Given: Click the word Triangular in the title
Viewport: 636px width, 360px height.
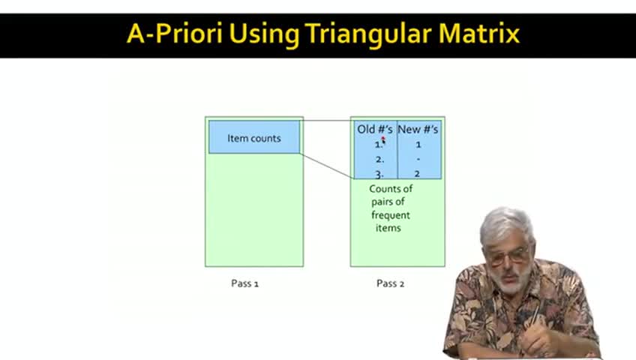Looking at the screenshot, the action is (368, 33).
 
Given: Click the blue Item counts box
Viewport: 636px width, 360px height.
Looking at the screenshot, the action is (254, 136).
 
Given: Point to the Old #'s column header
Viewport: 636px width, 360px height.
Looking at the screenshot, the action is (375, 129).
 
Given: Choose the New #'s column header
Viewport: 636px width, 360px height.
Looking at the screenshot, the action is (418, 129).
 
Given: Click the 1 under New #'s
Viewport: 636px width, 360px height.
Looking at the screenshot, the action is (418, 144).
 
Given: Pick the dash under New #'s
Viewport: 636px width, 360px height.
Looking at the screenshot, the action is (418, 159).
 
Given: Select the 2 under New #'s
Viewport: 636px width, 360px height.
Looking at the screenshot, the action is (417, 174).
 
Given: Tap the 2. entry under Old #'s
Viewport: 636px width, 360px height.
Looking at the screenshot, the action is (379, 159).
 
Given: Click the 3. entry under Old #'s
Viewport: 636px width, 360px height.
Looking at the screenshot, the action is (379, 175).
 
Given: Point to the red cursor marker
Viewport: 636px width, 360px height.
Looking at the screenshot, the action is (383, 139).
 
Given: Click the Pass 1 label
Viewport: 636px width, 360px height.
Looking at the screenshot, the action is (244, 283).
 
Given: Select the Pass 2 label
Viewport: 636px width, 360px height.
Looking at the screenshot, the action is (390, 283).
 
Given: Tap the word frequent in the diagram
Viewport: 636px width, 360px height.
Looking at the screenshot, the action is (391, 215).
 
